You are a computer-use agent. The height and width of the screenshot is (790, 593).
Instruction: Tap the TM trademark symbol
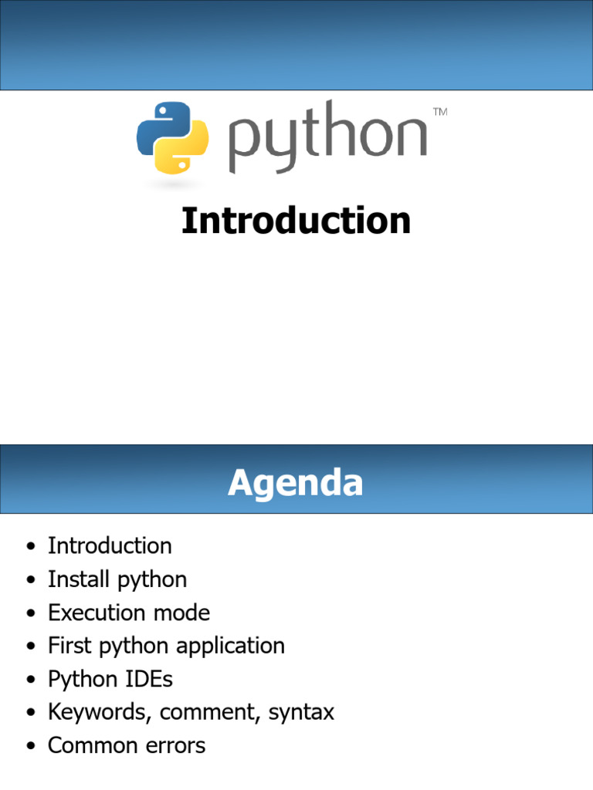(x=440, y=112)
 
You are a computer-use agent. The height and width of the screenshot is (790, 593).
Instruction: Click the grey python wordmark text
(x=327, y=137)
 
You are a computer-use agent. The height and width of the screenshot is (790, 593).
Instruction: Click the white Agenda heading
(x=296, y=483)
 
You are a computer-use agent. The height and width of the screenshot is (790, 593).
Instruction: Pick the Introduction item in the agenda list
(x=110, y=545)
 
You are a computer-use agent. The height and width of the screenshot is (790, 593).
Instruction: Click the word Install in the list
(x=79, y=579)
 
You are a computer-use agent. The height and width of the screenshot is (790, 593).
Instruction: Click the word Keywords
(x=100, y=712)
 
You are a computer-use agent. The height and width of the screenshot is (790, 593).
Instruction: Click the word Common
(x=93, y=745)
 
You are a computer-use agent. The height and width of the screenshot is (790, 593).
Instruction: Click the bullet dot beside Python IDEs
(x=31, y=680)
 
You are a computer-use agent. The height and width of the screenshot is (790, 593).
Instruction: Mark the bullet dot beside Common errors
(x=31, y=746)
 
